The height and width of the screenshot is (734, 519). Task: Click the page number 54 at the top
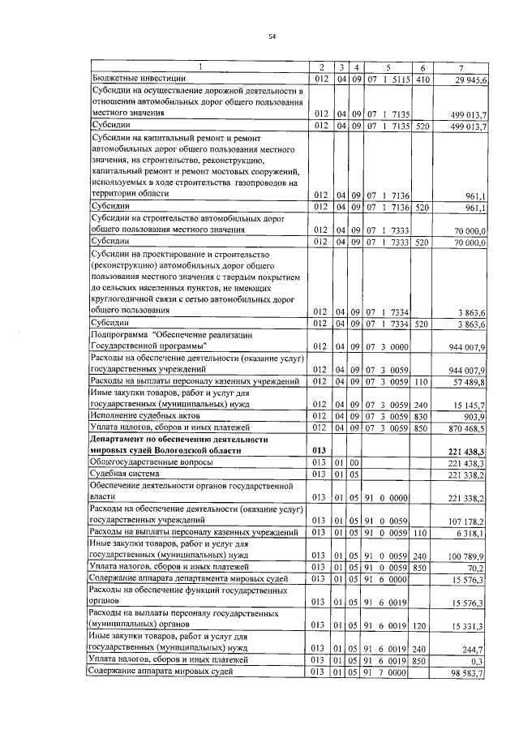point(272,36)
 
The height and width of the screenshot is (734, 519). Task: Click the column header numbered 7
point(461,67)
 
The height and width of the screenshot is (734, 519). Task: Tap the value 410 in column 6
point(422,79)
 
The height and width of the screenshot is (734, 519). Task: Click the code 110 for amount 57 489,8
point(422,380)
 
